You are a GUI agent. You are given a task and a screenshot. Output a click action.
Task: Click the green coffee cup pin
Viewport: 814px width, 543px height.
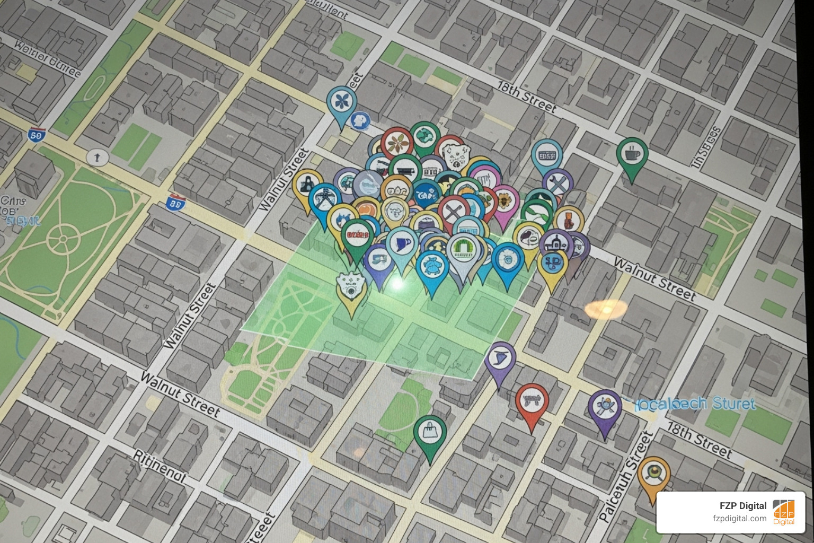tap(632, 154)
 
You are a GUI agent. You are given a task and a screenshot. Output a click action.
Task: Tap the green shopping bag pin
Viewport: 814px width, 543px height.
tap(429, 432)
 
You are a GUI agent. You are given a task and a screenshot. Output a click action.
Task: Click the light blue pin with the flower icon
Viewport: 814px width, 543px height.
tap(341, 102)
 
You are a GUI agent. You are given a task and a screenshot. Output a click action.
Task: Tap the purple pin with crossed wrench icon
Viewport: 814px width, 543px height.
tap(558, 184)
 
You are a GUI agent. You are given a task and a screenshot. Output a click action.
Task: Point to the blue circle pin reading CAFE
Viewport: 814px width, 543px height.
tap(426, 194)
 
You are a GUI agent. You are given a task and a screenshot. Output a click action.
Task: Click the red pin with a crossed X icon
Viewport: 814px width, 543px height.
tap(454, 212)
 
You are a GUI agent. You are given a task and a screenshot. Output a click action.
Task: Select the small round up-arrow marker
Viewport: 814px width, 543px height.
tap(97, 157)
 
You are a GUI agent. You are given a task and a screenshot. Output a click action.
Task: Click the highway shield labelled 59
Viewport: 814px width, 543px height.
tap(36, 135)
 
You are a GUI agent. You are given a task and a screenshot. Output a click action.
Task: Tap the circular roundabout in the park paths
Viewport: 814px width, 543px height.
tap(63, 239)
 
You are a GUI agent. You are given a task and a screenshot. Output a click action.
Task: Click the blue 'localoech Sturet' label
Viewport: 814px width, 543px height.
tap(695, 404)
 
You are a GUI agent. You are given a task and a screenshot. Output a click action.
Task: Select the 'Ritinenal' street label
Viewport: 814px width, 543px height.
tap(159, 466)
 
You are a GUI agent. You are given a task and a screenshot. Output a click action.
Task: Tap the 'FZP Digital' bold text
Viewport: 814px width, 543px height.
tap(742, 505)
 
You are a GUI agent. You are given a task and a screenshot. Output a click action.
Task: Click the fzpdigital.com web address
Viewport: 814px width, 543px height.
tap(739, 519)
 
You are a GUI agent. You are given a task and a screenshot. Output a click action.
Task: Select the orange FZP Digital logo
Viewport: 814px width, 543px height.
tap(783, 512)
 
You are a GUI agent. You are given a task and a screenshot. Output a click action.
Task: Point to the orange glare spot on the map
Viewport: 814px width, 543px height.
tap(606, 308)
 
